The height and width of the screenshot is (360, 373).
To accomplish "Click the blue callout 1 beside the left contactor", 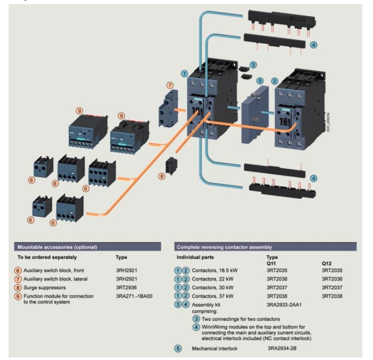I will [x=184, y=73].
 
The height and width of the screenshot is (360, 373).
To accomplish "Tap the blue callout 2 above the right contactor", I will [x=275, y=81].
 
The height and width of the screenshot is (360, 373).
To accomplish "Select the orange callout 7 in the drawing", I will [x=170, y=85].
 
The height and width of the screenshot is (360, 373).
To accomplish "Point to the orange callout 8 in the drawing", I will [x=162, y=176].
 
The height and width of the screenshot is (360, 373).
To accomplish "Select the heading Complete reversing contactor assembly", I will [x=224, y=247].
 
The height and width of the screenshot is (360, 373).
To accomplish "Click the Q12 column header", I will [x=326, y=264].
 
